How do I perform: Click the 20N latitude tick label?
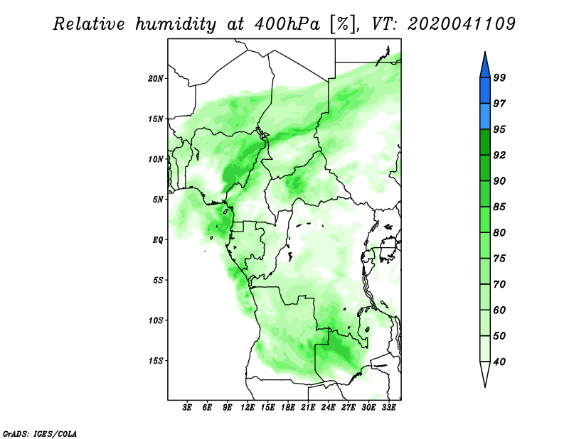tap(155, 79)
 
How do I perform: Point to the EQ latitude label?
tap(157, 240)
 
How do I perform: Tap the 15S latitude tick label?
tap(155, 361)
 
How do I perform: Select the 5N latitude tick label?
tap(157, 200)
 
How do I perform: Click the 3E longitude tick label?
tap(187, 408)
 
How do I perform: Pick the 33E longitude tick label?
tap(388, 408)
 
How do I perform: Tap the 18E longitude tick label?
tap(288, 408)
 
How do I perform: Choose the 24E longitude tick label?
tap(328, 408)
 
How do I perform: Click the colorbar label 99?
tap(499, 77)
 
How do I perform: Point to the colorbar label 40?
tap(499, 362)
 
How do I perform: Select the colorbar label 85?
tap(499, 207)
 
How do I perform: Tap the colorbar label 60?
tap(499, 310)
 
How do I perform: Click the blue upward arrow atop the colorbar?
tap(485, 66)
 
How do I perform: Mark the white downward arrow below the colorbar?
tap(485, 373)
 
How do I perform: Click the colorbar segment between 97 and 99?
tap(485, 91)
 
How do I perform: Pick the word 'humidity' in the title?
tap(176, 25)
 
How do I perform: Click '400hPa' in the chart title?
tap(287, 24)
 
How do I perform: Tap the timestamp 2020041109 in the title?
tap(461, 24)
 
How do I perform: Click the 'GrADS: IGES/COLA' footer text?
tap(40, 434)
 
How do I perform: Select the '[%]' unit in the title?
tap(343, 25)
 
